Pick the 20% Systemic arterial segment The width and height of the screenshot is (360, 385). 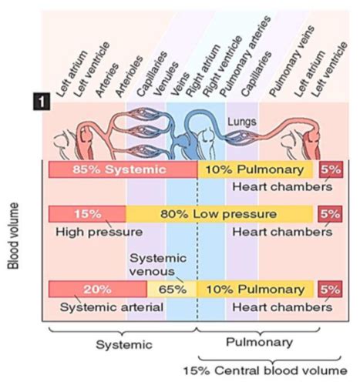[x=97, y=290]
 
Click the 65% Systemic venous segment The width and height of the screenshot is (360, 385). [x=172, y=290]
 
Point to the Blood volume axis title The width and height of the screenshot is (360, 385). [x=13, y=235]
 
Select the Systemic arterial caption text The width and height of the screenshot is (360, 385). [x=109, y=306]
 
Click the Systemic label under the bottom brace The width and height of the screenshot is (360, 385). [x=123, y=344]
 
